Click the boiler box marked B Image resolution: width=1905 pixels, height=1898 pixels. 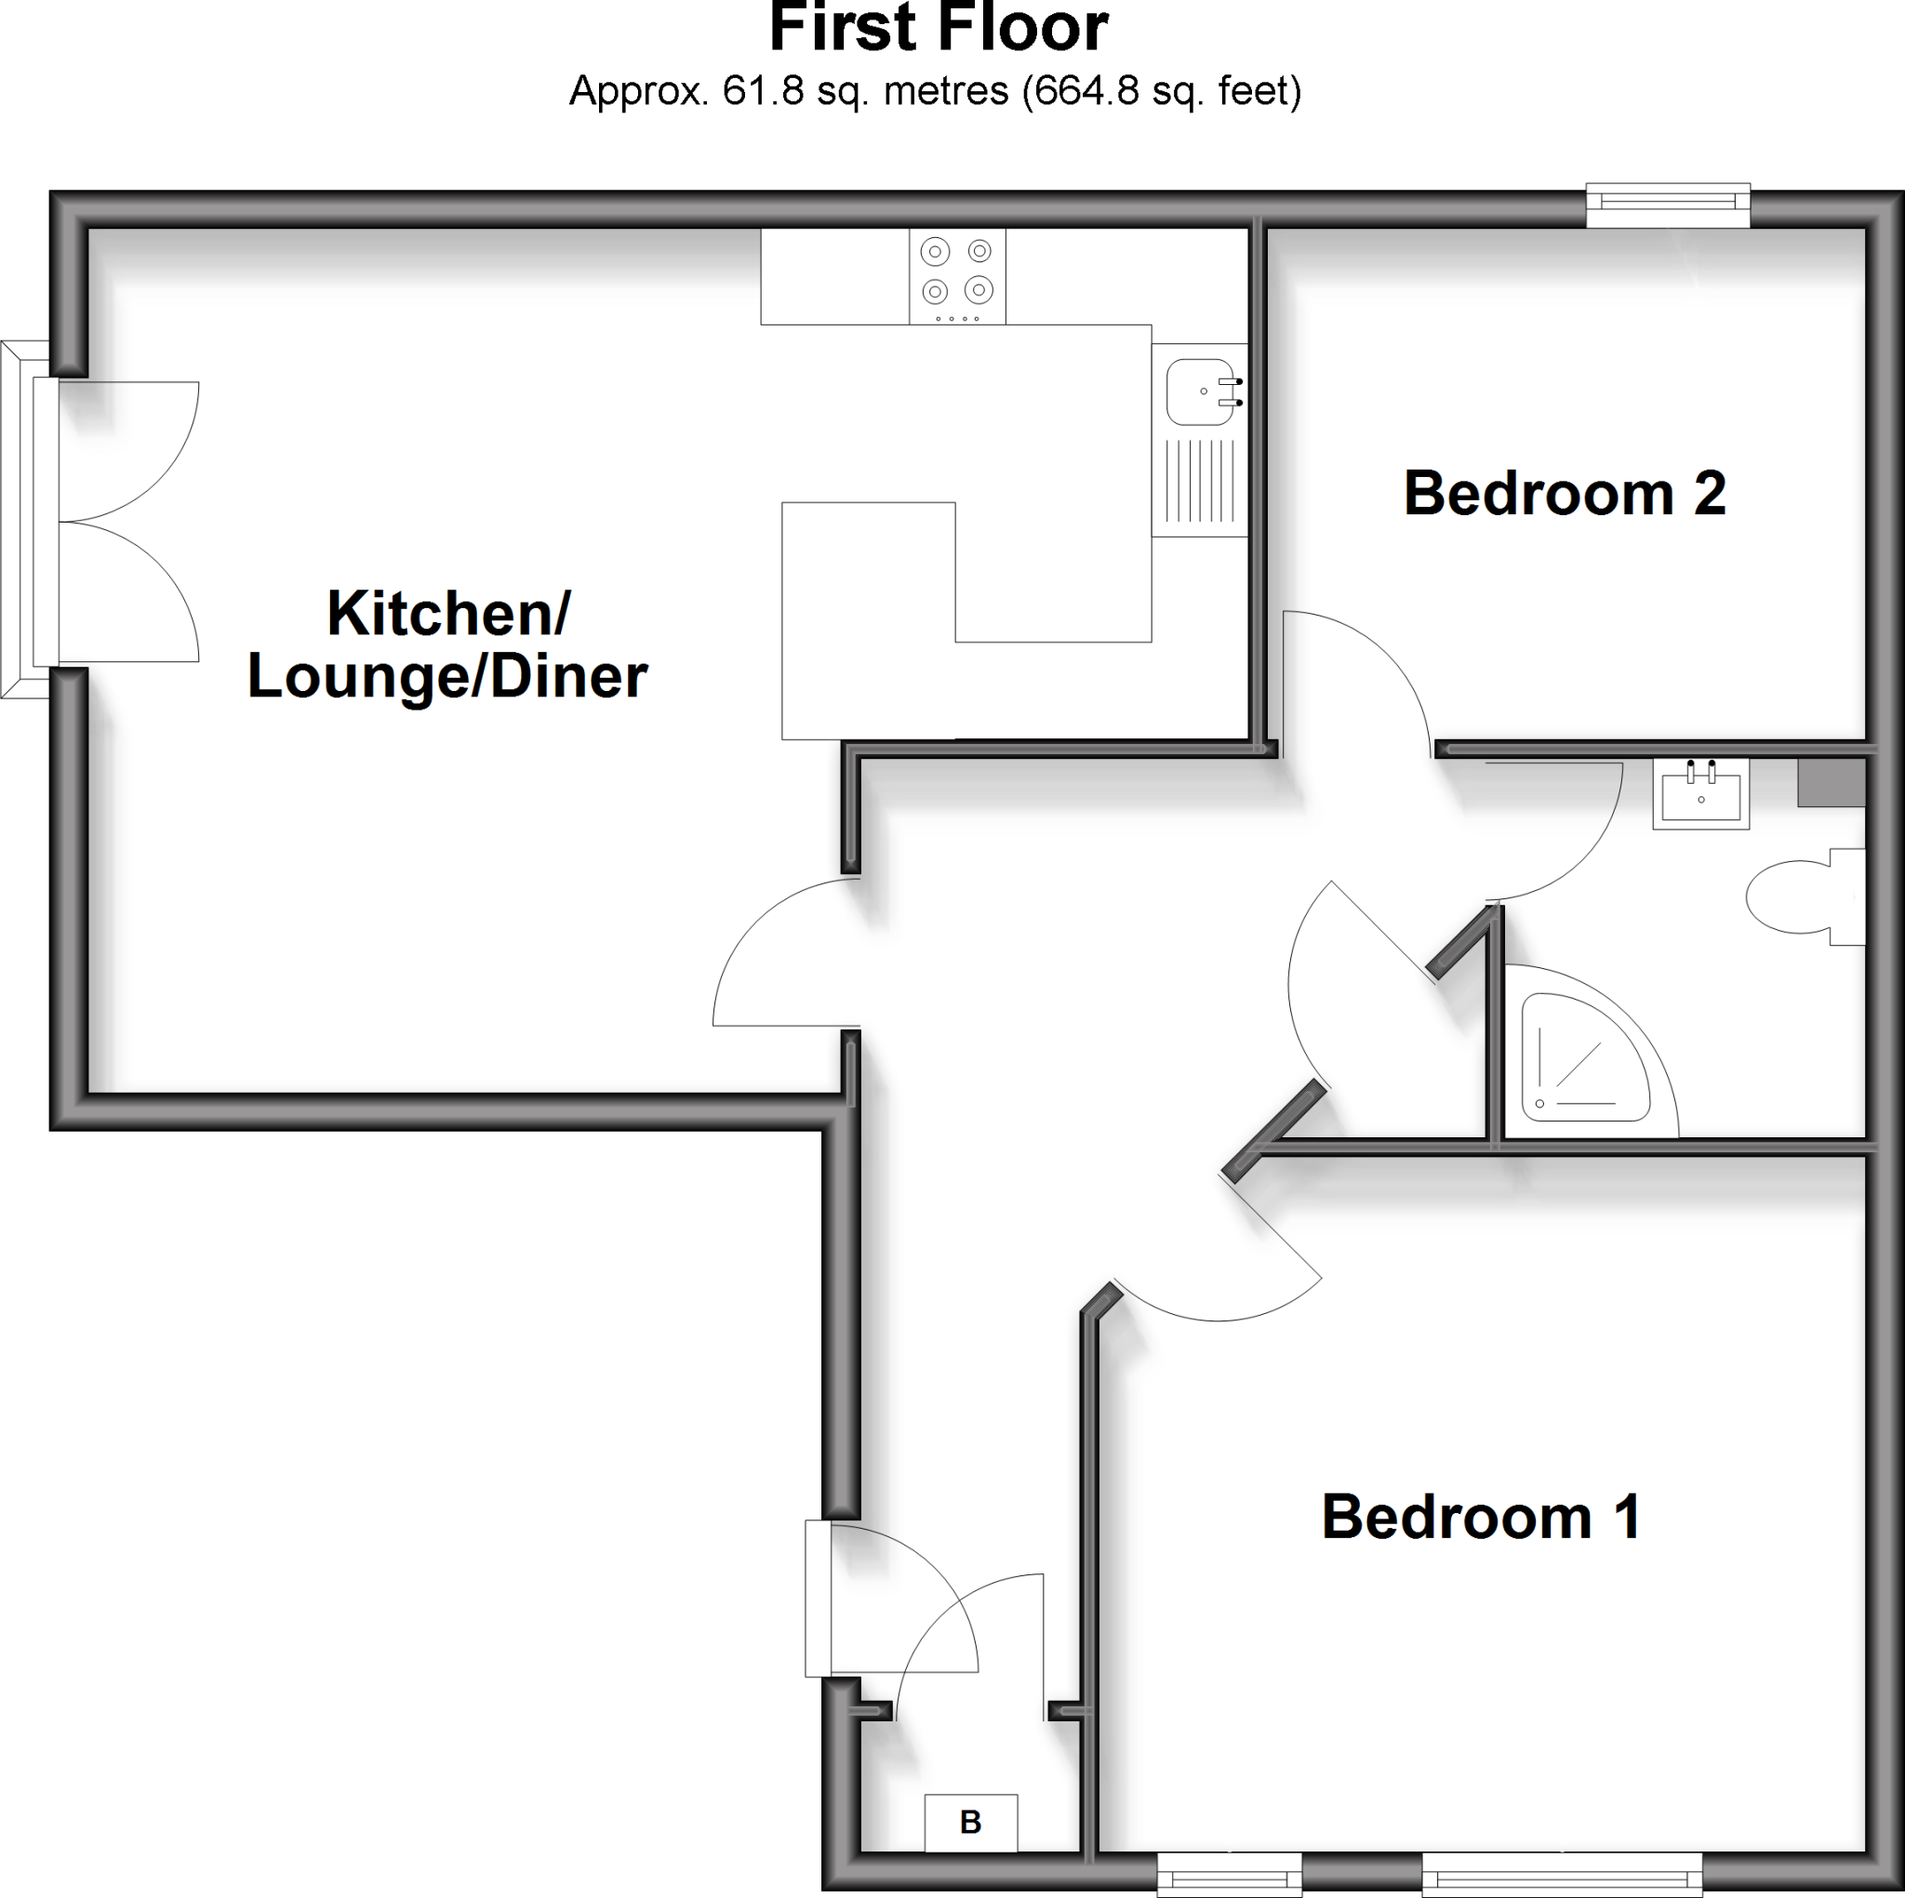pos(970,1822)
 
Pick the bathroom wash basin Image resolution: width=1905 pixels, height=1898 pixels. pos(1701,794)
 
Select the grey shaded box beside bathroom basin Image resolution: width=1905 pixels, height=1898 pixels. pos(1831,783)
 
